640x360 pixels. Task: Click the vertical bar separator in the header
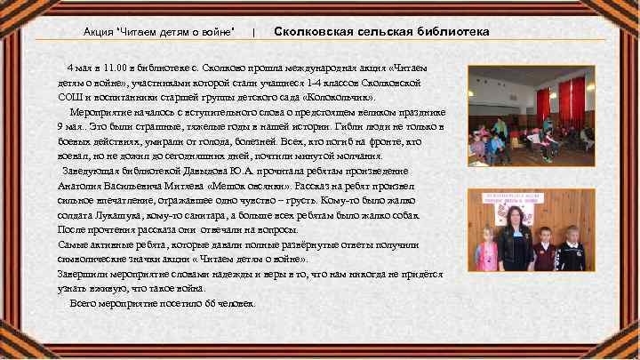pos(254,32)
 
